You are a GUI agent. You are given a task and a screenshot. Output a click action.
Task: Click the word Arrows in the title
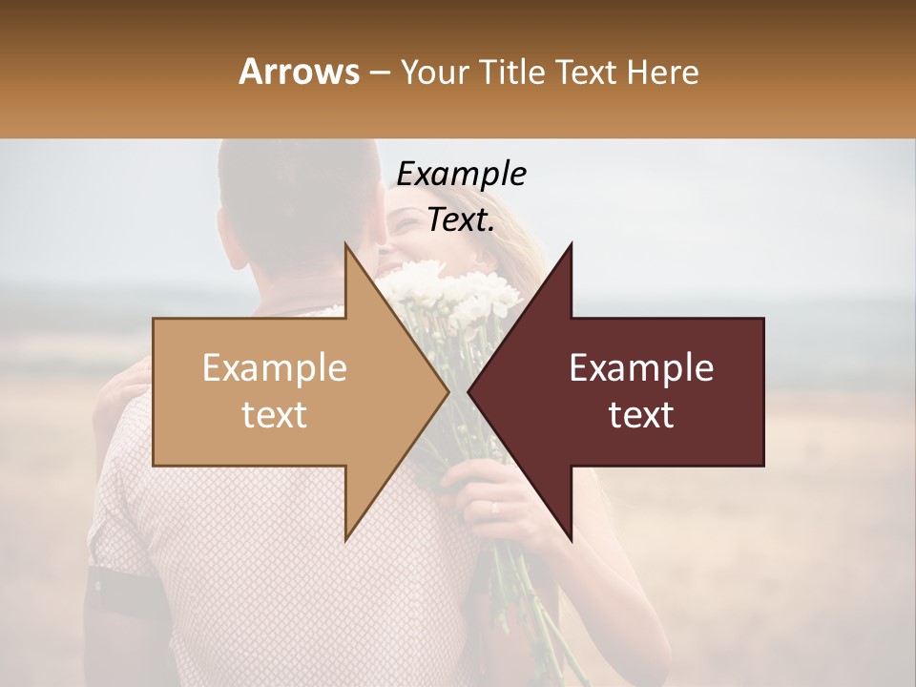click(x=298, y=73)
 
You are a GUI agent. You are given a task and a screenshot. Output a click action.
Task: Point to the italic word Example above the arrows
click(x=461, y=175)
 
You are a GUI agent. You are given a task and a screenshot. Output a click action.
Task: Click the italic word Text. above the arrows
click(x=461, y=220)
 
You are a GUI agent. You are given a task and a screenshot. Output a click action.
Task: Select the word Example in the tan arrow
click(x=275, y=368)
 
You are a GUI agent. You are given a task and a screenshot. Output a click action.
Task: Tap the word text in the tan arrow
click(x=275, y=415)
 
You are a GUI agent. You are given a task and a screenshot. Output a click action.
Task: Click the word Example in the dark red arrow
click(x=641, y=368)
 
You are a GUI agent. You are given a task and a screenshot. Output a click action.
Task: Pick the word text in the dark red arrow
click(x=641, y=415)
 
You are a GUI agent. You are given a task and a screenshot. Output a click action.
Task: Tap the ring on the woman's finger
click(x=494, y=509)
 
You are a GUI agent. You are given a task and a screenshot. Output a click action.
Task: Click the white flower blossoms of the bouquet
click(x=448, y=286)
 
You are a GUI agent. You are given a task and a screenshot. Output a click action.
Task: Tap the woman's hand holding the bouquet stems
click(x=496, y=496)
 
